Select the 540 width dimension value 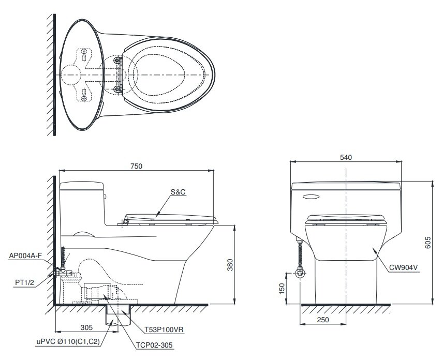(x=346, y=158)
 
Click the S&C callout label (x=178, y=192)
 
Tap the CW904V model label (x=403, y=267)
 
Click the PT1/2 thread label (x=24, y=282)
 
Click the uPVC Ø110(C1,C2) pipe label (x=68, y=342)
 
